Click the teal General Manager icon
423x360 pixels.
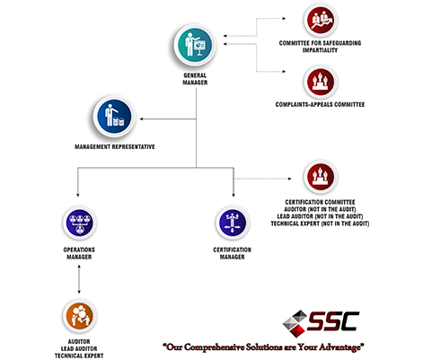pos(195,45)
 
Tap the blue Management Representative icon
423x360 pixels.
pos(114,117)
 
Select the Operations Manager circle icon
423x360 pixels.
pos(79,223)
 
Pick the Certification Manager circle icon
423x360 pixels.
pos(233,223)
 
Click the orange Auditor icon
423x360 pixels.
pos(79,316)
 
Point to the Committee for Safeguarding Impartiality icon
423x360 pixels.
pos(321,21)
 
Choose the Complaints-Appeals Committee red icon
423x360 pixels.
pos(321,82)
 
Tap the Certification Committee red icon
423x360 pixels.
pos(321,177)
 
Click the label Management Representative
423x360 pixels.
pos(115,146)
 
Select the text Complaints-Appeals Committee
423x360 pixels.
pos(320,104)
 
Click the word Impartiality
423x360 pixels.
pos(320,50)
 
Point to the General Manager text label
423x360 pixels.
pos(195,79)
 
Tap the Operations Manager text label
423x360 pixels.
pos(79,253)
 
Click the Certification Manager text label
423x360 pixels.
pos(232,253)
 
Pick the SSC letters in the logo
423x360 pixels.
pos(333,321)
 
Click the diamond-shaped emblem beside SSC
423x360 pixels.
pos(295,323)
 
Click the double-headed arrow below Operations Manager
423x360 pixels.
pos(79,279)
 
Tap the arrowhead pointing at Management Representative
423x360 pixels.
pos(142,119)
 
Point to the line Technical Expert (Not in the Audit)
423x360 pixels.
pos(320,224)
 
